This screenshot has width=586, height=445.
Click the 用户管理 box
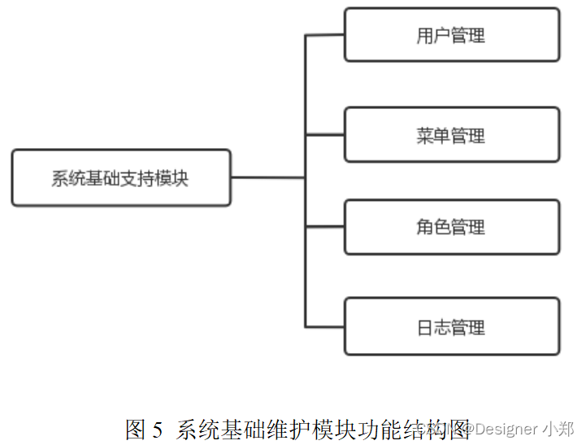click(452, 35)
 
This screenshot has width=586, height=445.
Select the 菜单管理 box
click(452, 134)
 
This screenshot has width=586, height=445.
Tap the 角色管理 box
click(452, 227)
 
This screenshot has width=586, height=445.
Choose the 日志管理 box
click(452, 326)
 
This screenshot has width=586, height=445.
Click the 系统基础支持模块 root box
click(121, 177)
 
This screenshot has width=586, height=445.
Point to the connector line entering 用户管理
click(325, 35)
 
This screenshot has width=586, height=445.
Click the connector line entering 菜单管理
click(325, 134)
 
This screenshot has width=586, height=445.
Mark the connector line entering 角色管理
click(325, 227)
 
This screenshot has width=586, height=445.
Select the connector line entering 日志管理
click(325, 326)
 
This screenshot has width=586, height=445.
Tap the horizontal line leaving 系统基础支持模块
click(268, 177)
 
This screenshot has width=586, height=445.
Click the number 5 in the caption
click(158, 429)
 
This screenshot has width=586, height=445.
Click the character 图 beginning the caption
click(135, 428)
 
